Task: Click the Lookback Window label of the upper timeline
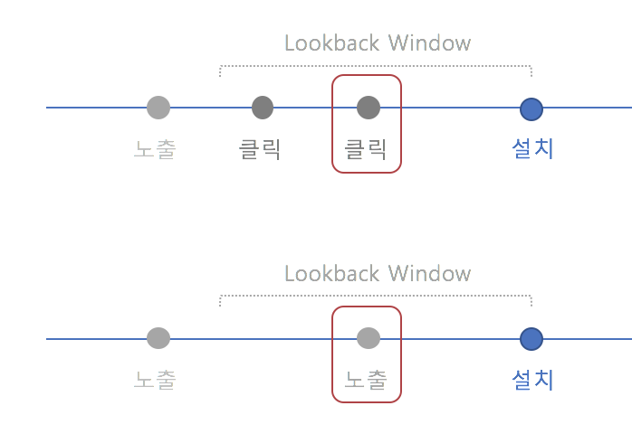(x=378, y=42)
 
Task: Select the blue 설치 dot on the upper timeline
(x=531, y=108)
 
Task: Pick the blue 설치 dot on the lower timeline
(x=531, y=339)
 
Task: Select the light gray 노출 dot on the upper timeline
(x=158, y=108)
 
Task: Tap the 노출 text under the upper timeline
(x=155, y=149)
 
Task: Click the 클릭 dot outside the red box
(x=263, y=108)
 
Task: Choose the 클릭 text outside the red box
(x=260, y=149)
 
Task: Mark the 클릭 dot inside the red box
(x=368, y=108)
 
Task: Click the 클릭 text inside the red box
(x=366, y=149)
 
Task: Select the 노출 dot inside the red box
(x=368, y=338)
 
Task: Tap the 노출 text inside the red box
(x=366, y=380)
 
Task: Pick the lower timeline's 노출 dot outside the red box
(x=158, y=338)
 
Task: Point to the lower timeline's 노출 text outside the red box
(x=155, y=380)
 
